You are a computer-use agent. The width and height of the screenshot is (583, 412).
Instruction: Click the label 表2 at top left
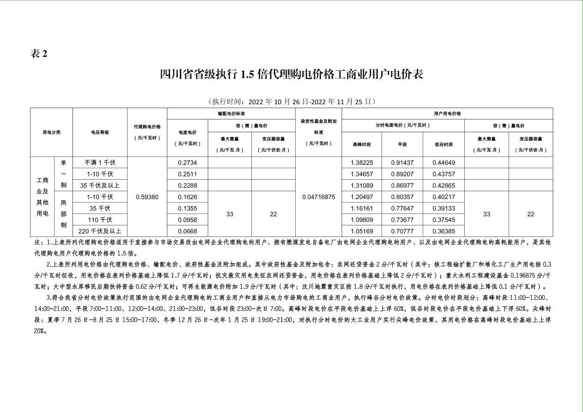pyautogui.click(x=39, y=54)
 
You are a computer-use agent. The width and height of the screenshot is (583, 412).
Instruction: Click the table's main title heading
pyautogui.click(x=291, y=74)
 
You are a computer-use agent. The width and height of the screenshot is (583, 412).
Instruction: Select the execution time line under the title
pyautogui.click(x=291, y=102)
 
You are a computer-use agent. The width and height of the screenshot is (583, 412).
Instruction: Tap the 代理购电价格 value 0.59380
pyautogui.click(x=147, y=197)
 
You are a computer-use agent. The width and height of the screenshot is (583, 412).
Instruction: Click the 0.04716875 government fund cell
pyautogui.click(x=318, y=197)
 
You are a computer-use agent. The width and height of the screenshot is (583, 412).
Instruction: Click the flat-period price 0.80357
pyautogui.click(x=402, y=197)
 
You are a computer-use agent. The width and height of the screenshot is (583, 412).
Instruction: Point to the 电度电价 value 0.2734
pyautogui.click(x=187, y=163)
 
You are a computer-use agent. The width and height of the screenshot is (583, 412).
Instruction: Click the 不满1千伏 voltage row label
pyautogui.click(x=100, y=163)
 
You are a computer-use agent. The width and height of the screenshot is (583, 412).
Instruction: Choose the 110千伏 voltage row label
pyautogui.click(x=100, y=220)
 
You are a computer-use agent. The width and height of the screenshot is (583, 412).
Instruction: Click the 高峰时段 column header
pyautogui.click(x=362, y=144)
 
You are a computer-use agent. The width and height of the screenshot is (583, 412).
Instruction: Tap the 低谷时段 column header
pyautogui.click(x=443, y=144)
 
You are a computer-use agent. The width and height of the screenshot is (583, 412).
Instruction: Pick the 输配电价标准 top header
pyautogui.click(x=231, y=114)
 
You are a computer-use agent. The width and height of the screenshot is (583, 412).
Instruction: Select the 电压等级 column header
pyautogui.click(x=100, y=132)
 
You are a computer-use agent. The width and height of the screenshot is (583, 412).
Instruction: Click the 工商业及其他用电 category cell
pyautogui.click(x=43, y=197)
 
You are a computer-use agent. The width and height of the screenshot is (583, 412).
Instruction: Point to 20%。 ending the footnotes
pyautogui.click(x=41, y=331)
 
